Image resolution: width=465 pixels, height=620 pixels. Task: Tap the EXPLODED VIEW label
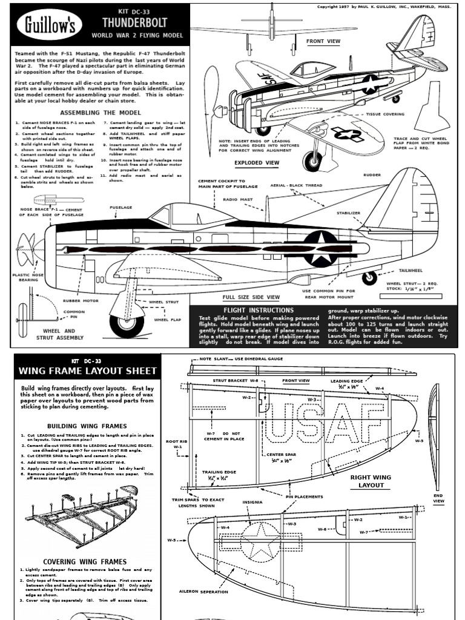[x=257, y=163]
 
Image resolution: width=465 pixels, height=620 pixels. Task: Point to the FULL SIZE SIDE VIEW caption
[x=251, y=297]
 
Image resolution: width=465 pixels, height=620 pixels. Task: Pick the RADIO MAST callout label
[x=239, y=199]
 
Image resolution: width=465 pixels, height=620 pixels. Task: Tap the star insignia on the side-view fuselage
[x=320, y=248]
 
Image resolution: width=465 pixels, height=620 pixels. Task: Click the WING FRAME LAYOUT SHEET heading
[x=88, y=371]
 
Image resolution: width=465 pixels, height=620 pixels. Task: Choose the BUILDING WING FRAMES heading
[x=87, y=426]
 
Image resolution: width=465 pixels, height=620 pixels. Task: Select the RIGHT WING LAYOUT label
[x=371, y=481]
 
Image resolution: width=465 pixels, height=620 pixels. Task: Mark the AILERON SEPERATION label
[x=203, y=592]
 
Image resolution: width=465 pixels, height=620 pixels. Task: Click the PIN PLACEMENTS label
[x=301, y=496]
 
